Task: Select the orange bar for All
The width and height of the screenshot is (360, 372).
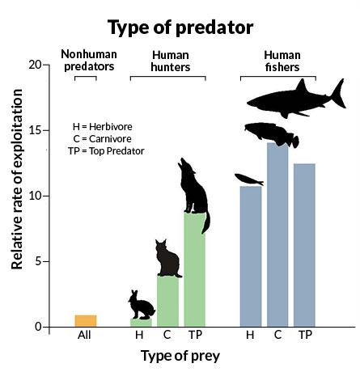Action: [85, 321]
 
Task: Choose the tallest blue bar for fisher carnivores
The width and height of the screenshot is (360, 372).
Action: [277, 235]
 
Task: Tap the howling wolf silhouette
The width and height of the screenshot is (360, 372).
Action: [194, 190]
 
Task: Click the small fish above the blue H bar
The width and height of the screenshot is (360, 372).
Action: [248, 180]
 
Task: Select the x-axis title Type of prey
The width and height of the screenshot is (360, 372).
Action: [180, 356]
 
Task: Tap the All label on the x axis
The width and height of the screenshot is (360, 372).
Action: [85, 336]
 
